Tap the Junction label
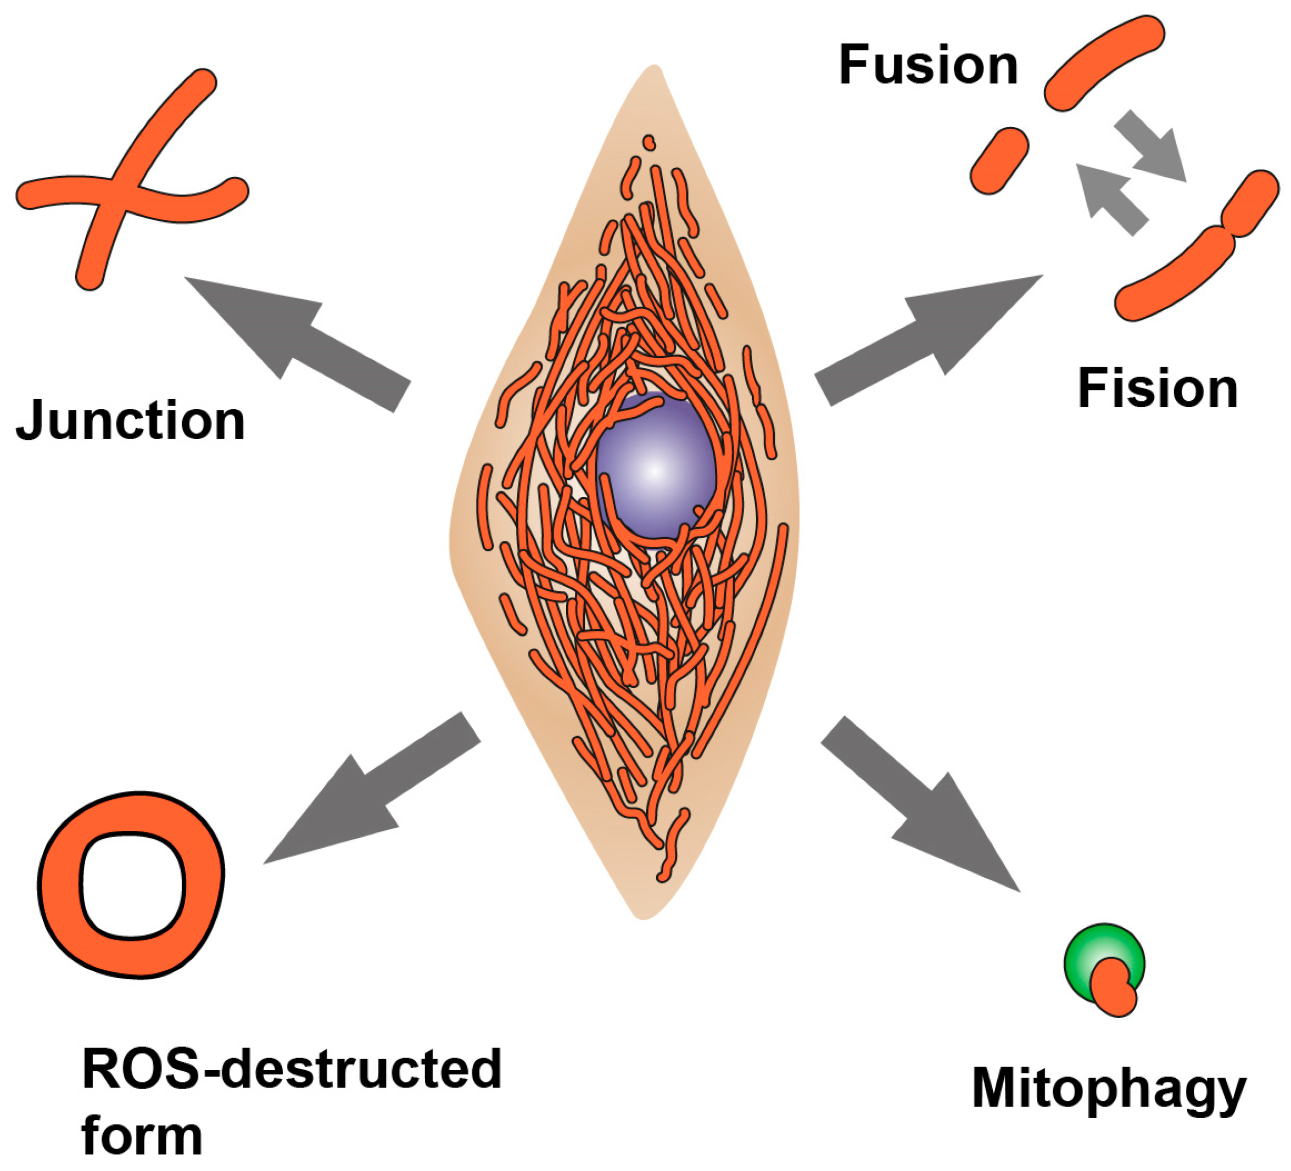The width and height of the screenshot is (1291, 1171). click(x=131, y=421)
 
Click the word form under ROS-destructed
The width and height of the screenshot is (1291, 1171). click(x=142, y=1136)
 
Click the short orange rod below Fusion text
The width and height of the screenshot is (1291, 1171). click(x=999, y=160)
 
